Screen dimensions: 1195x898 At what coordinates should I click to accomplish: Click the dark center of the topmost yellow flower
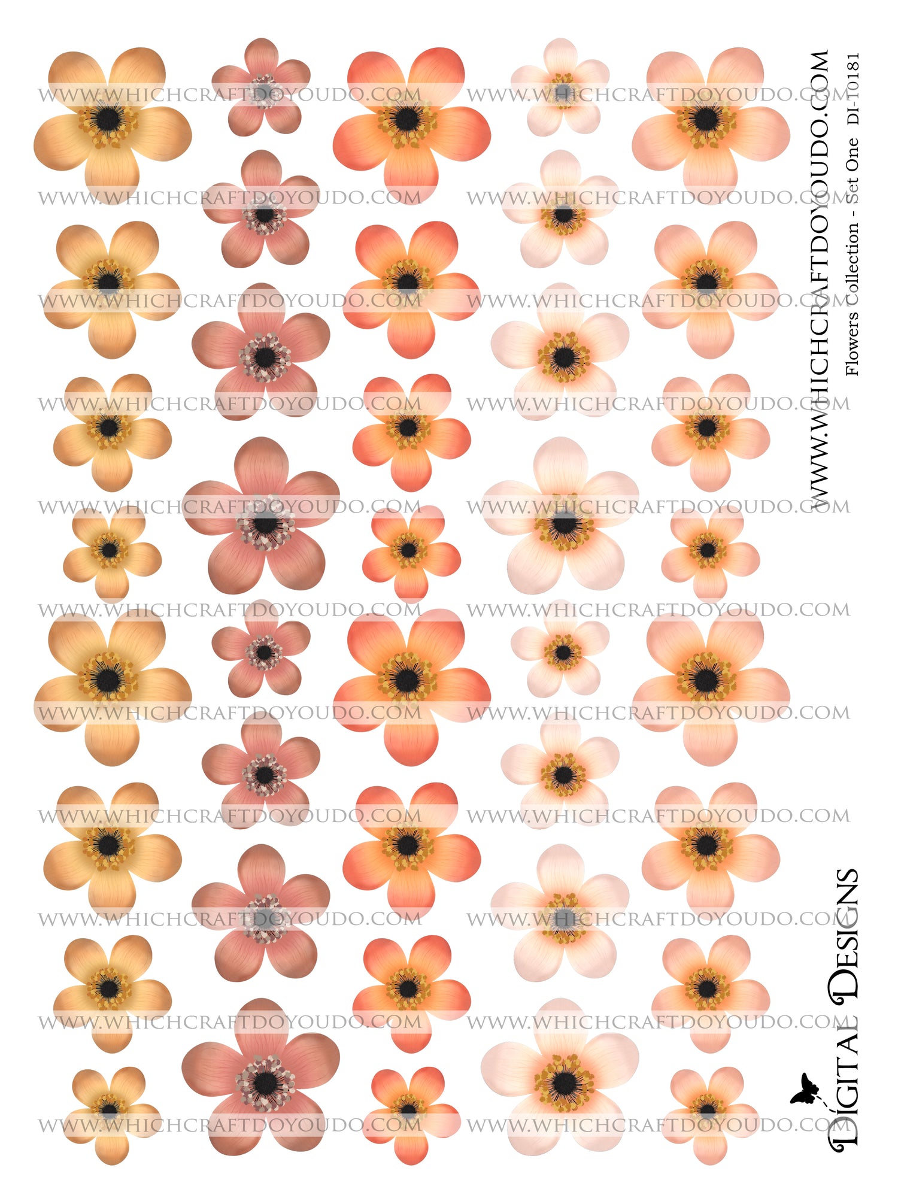(108, 119)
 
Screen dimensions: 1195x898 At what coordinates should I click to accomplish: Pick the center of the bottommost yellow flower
(109, 1109)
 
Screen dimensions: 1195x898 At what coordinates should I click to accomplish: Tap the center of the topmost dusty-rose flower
(262, 90)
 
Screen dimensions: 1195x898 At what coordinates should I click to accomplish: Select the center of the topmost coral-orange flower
(408, 119)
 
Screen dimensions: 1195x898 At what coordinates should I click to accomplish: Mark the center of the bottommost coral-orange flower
(409, 1109)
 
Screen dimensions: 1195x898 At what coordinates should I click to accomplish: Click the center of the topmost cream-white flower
(562, 90)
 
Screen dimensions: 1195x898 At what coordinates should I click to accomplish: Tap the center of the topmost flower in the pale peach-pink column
(706, 119)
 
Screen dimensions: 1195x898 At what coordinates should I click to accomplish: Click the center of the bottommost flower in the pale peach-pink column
(708, 1109)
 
